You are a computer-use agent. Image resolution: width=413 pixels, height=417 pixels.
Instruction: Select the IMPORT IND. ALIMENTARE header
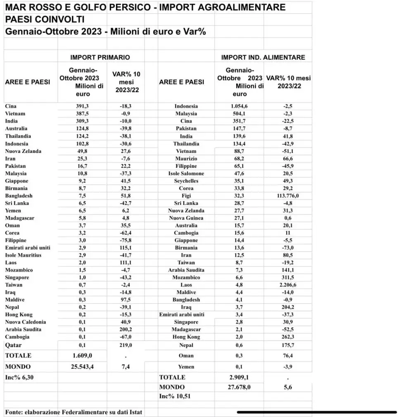coord(263,57)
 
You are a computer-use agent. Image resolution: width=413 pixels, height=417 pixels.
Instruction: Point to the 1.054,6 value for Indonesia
coord(239,106)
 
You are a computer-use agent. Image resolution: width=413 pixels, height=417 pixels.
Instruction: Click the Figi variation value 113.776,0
coord(288,195)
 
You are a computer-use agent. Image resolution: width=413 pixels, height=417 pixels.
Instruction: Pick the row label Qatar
coord(14,345)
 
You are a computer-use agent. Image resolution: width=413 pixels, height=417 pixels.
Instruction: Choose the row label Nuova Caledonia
coord(26,322)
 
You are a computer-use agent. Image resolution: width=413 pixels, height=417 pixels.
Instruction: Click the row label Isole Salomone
coord(186,173)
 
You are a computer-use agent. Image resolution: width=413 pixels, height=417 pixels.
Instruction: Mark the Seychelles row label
coord(186,181)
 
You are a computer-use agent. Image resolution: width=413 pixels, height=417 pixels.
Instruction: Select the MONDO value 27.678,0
coord(239,387)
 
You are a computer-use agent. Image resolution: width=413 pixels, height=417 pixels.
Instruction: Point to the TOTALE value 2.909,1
coord(239,377)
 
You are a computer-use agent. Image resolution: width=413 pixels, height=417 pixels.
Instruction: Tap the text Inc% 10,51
coord(175,396)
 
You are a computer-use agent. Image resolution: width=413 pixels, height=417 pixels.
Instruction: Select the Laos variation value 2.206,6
coord(288,285)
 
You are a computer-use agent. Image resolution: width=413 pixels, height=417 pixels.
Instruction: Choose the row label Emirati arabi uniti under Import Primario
coord(28,248)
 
